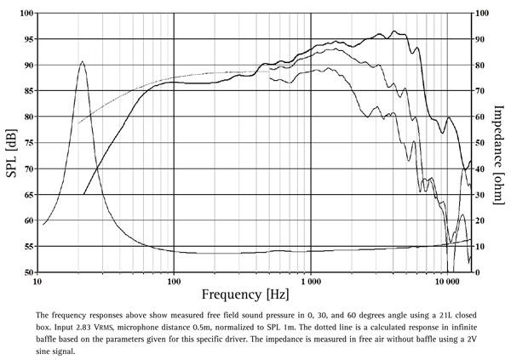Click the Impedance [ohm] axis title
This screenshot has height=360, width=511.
(500, 142)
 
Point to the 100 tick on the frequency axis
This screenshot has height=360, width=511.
(174, 279)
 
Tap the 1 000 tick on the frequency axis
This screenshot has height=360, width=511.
(310, 279)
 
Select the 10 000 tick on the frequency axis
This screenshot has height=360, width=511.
(446, 279)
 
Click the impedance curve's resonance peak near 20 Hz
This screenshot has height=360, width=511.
(82, 61)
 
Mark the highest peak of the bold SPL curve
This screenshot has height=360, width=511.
(393, 31)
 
